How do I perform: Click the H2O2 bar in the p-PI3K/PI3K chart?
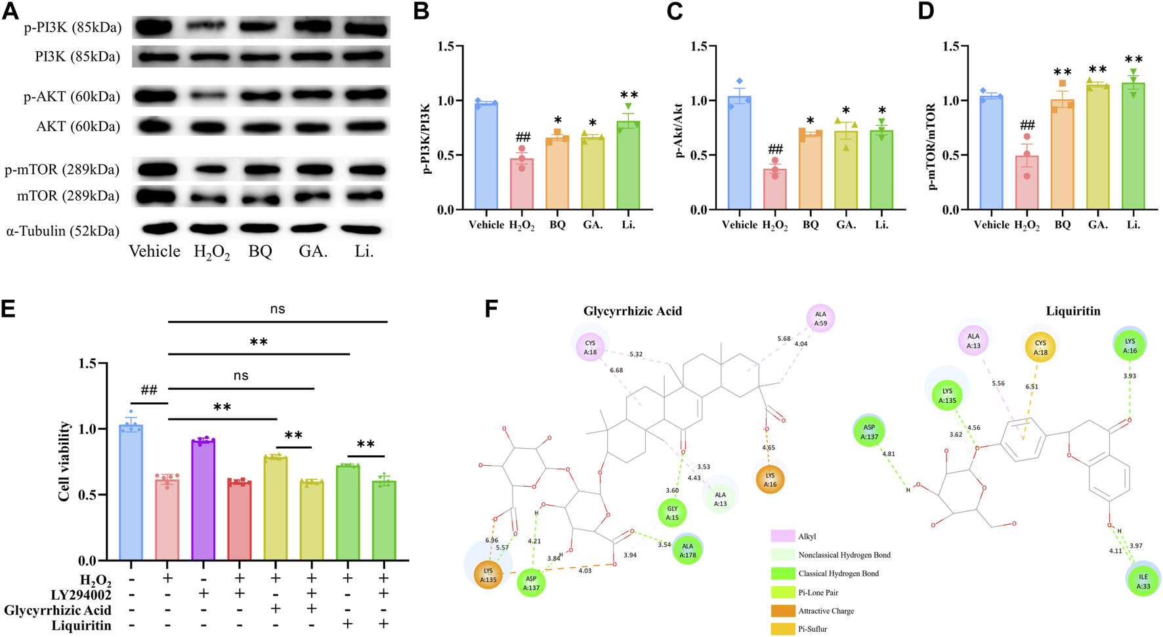coord(522,184)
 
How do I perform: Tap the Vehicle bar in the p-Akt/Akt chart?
coord(739,154)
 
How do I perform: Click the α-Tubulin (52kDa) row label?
coord(62,231)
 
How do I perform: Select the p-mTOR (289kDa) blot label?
coord(62,170)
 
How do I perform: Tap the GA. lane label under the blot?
coord(313,252)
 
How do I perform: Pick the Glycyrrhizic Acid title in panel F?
coord(633,311)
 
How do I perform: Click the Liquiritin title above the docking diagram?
coord(1073,311)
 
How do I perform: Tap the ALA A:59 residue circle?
coord(820,319)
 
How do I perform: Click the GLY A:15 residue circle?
coord(672,512)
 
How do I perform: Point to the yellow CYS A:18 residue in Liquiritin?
coord(1040,347)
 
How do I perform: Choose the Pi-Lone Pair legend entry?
coord(817,592)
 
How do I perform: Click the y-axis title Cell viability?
coord(64,462)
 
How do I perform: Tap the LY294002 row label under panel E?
coord(81,594)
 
